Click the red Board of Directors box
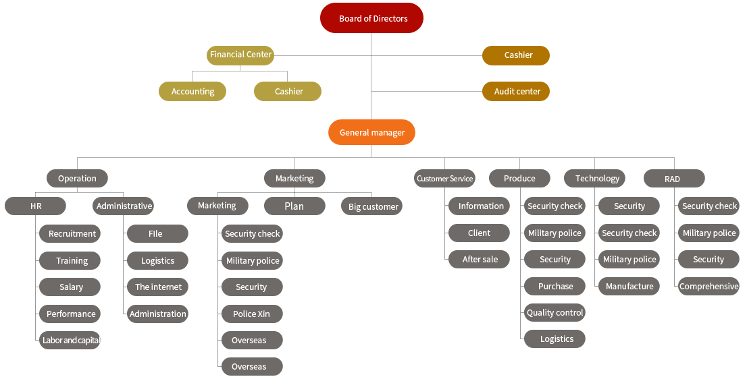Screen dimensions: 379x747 [x=371, y=18]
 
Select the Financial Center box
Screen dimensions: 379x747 [x=240, y=55]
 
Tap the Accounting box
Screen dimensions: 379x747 [x=192, y=91]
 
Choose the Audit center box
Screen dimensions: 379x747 [x=515, y=91]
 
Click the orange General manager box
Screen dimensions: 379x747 [x=371, y=133]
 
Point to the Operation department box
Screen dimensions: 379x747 [x=77, y=178]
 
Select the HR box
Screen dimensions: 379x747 [x=36, y=206]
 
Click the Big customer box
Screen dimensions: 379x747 [x=371, y=206]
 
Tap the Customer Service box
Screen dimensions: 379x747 [x=444, y=178]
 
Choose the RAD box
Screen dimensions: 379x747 [x=673, y=178]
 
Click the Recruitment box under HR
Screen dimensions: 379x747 [x=70, y=233]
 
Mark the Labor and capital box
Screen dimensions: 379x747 [x=70, y=340]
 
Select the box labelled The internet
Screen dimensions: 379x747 [x=157, y=287]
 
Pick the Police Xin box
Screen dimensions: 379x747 [x=251, y=314]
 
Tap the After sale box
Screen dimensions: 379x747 [x=479, y=259]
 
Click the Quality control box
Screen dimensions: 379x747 [x=555, y=312]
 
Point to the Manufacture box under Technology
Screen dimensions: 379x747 [x=629, y=286]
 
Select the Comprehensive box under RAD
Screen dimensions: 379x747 [x=708, y=286]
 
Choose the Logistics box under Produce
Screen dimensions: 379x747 [x=555, y=339]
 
